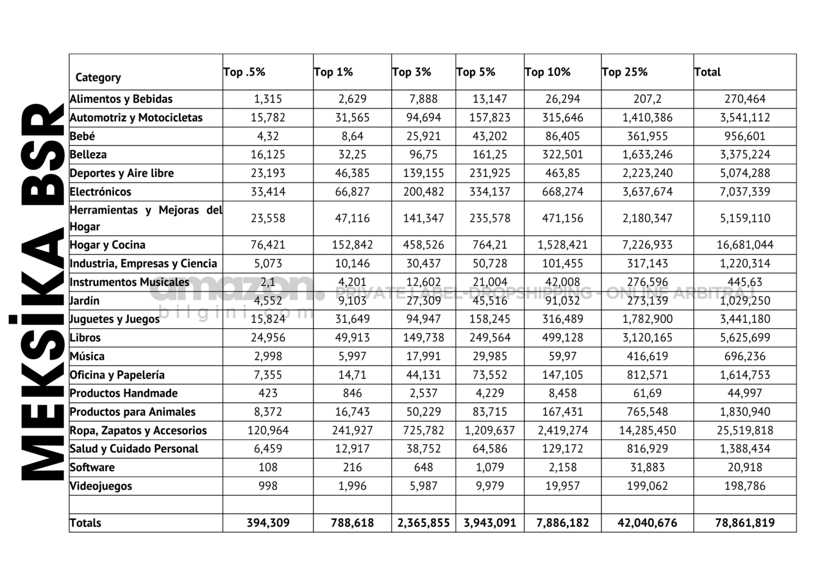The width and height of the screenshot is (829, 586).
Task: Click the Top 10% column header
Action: pyautogui.click(x=547, y=72)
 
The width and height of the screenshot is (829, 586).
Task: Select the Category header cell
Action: pyautogui.click(x=98, y=77)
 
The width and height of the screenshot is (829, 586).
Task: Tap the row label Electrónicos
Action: pyautogui.click(x=100, y=192)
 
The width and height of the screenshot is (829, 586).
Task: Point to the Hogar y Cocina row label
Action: pyautogui.click(x=107, y=245)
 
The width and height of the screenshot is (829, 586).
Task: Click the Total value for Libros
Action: pyautogui.click(x=745, y=338)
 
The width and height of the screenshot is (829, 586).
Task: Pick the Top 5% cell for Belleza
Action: pyautogui.click(x=490, y=155)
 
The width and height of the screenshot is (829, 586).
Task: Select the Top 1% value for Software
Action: pyautogui.click(x=352, y=467)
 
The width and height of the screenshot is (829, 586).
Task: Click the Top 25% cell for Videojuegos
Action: pyautogui.click(x=647, y=486)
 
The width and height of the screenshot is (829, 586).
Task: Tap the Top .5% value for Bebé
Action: pyautogui.click(x=268, y=136)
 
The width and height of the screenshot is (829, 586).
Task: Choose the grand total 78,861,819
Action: pyautogui.click(x=745, y=523)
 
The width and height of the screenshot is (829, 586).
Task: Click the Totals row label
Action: pyautogui.click(x=85, y=523)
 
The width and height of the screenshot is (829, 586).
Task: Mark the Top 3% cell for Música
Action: pyautogui.click(x=423, y=356)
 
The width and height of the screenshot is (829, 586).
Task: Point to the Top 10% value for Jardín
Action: pyautogui.click(x=562, y=301)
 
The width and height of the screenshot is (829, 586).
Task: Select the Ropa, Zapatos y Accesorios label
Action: pyautogui.click(x=138, y=431)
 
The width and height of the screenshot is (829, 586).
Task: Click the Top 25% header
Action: pyautogui.click(x=624, y=72)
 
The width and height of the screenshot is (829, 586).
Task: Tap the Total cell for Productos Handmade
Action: pyautogui.click(x=745, y=393)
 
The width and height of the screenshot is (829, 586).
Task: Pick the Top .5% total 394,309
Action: pyautogui.click(x=268, y=523)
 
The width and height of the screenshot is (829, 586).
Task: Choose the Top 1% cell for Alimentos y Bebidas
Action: pyautogui.click(x=352, y=99)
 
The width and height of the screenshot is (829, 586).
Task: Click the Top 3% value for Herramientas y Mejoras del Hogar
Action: pyautogui.click(x=423, y=219)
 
